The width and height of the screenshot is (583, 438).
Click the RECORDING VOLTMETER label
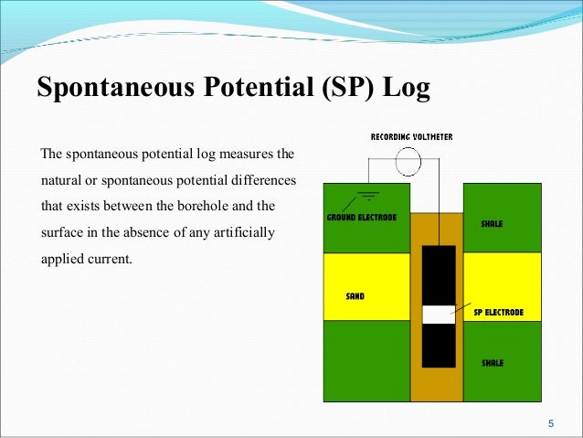click(411, 137)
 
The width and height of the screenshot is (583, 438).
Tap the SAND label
click(355, 297)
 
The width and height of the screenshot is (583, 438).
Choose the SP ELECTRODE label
click(499, 312)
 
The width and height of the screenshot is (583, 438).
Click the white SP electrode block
click(438, 314)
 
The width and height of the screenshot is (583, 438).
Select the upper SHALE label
click(492, 223)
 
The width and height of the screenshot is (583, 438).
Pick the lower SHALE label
click(493, 363)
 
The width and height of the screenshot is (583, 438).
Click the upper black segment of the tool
click(438, 274)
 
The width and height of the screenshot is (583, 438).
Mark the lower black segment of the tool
click(438, 345)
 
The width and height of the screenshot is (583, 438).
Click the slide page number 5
click(550, 422)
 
